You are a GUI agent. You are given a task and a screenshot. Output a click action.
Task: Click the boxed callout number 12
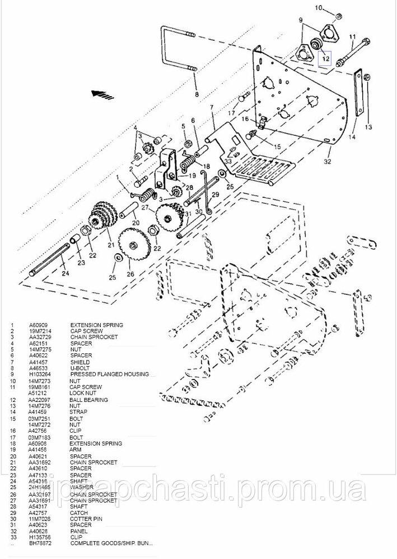(325, 56)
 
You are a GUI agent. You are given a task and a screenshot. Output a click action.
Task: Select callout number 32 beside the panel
(328, 162)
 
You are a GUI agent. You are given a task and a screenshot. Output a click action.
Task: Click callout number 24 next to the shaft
(65, 273)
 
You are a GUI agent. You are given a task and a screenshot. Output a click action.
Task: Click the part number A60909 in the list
(38, 325)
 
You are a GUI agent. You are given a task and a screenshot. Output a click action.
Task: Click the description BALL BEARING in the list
(88, 400)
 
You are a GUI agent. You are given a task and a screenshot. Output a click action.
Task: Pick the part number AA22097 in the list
(39, 400)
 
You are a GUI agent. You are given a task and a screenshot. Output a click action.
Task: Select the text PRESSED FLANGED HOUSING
(109, 374)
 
